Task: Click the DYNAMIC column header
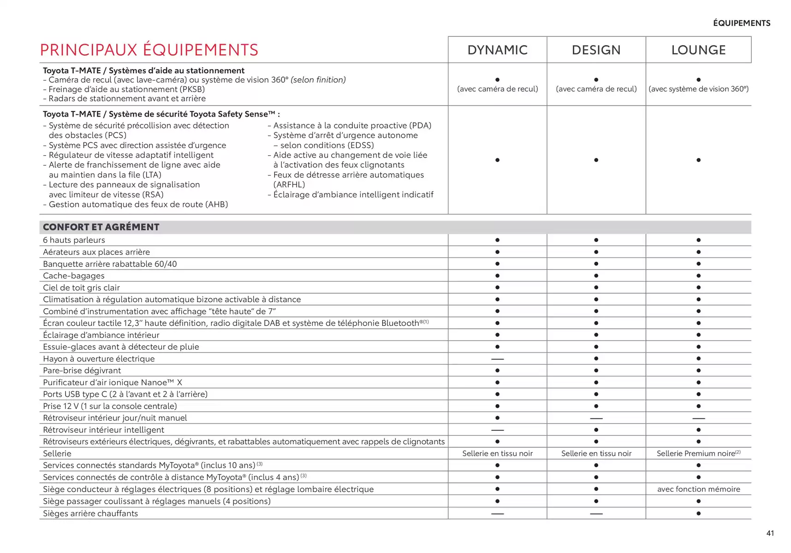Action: point(497,50)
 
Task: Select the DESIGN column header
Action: point(596,50)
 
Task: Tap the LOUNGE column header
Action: point(698,50)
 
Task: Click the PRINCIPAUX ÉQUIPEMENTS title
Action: point(149,50)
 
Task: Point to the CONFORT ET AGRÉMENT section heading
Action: point(101,227)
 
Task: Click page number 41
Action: point(770,533)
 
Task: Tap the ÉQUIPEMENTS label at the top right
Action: point(741,23)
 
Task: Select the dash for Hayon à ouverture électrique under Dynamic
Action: point(497,359)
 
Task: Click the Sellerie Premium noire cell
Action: point(698,453)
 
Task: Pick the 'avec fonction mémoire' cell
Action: point(698,489)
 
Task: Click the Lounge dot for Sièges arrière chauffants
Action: point(698,513)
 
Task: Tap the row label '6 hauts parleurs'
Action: point(74,240)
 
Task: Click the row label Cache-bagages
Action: point(74,276)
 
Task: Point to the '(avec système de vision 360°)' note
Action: point(698,89)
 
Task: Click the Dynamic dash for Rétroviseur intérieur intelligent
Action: point(497,430)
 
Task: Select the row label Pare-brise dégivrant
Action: point(82,371)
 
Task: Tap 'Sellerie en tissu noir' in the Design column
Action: point(596,453)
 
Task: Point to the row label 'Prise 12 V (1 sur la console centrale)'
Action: point(110,406)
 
